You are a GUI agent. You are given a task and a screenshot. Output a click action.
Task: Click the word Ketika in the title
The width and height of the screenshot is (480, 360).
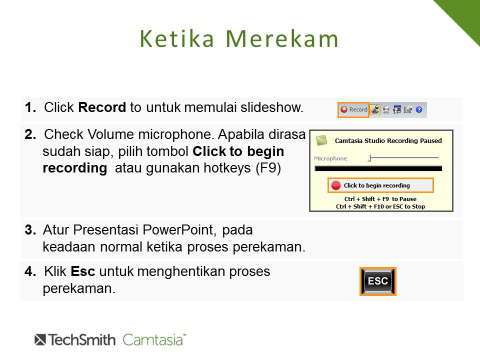[176, 39]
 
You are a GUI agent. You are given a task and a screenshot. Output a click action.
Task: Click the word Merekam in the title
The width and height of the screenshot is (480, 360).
[282, 39]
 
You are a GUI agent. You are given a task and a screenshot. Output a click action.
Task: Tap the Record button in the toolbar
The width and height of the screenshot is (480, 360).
[353, 109]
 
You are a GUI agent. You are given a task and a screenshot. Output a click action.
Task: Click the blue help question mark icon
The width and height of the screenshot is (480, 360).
[419, 109]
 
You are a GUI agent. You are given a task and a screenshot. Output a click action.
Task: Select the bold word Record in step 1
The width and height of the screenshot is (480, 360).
[102, 107]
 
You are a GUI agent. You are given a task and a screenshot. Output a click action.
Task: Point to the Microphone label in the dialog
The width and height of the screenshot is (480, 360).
[330, 158]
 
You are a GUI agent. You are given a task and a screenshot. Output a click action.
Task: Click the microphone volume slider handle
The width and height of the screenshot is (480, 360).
[370, 158]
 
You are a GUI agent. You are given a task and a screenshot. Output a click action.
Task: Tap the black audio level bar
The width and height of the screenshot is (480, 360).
[378, 168]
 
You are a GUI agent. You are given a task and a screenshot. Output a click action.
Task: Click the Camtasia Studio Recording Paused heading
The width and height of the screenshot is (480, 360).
[388, 141]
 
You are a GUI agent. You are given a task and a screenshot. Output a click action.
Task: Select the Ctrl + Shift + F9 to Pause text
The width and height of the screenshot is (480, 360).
[380, 199]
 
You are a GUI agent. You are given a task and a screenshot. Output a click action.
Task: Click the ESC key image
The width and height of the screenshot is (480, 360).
[378, 281]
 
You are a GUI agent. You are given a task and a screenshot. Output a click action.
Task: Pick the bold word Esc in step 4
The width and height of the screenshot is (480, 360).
[82, 271]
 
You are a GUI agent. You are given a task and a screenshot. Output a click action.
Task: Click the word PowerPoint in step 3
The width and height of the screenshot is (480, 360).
[178, 230]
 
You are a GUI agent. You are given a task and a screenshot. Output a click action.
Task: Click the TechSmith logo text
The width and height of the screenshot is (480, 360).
[75, 340]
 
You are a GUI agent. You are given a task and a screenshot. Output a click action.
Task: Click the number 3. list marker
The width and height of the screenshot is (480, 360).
[30, 230]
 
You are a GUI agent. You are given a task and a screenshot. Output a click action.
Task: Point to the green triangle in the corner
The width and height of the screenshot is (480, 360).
[464, 15]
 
